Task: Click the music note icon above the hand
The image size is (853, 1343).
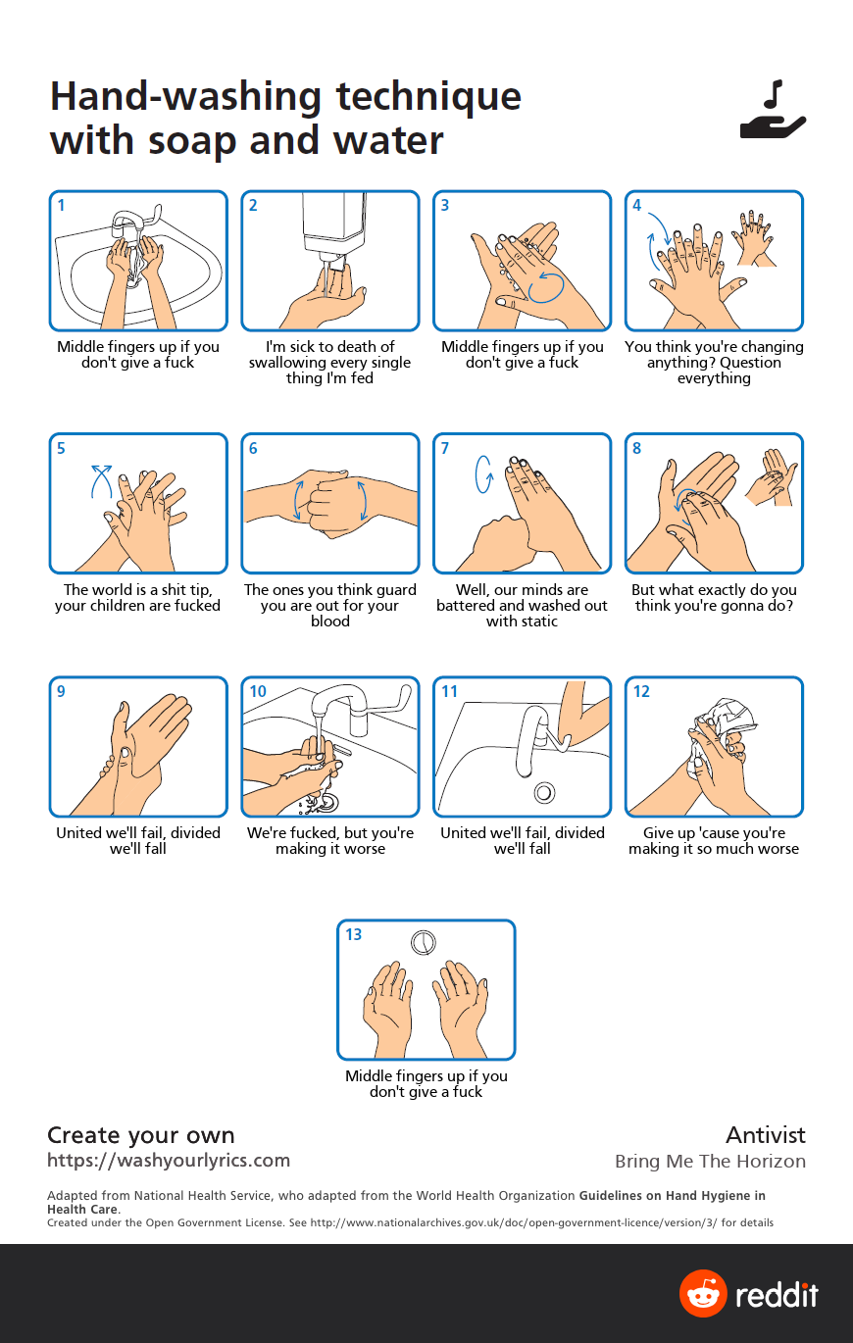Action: tap(775, 95)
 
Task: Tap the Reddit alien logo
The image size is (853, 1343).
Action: tap(703, 1293)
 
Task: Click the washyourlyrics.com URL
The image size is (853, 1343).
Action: tap(169, 1161)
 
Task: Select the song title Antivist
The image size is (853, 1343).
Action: tap(766, 1135)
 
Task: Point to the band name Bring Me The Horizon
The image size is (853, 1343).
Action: tap(710, 1162)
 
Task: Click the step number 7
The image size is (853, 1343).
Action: tap(444, 448)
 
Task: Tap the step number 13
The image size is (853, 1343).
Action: tap(353, 934)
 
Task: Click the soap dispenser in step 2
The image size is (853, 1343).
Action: tap(334, 229)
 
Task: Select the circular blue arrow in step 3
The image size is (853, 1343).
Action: tap(546, 287)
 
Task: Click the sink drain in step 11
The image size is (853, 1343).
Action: tap(544, 793)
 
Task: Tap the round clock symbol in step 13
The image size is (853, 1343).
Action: tap(423, 942)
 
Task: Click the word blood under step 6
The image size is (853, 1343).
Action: tap(329, 622)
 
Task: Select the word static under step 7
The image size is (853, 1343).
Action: tap(538, 622)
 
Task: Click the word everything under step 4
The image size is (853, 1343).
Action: tap(714, 378)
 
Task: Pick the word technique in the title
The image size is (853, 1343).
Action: tap(428, 97)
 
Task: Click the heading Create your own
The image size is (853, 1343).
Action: tap(141, 1135)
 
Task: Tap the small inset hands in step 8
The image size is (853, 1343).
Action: tap(772, 477)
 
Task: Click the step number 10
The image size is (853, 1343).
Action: tap(257, 691)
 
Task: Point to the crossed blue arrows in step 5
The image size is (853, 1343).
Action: tap(101, 481)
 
